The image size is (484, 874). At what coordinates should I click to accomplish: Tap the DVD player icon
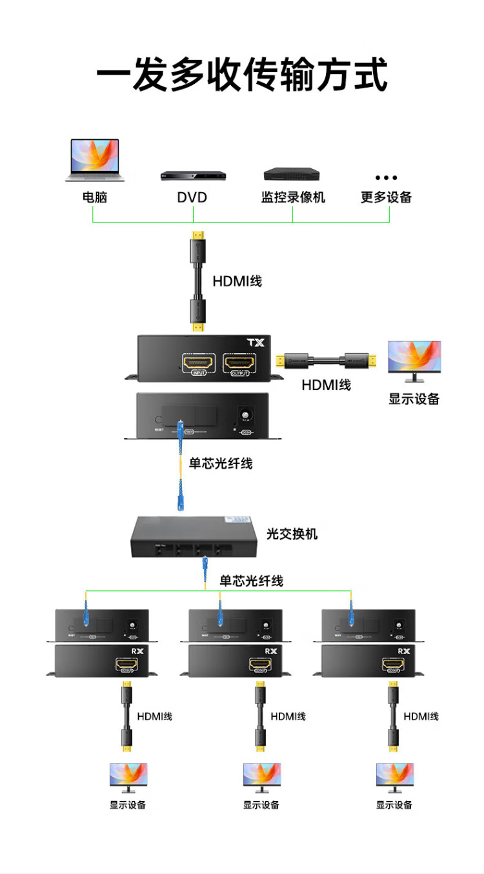tap(194, 175)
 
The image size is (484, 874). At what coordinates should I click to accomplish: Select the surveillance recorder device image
tap(292, 174)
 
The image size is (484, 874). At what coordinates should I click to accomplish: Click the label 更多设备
tap(386, 197)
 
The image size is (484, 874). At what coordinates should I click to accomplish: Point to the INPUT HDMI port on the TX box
tap(199, 365)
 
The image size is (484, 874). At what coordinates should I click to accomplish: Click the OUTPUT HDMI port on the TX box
tap(239, 365)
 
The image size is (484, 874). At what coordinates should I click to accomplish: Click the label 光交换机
tap(292, 534)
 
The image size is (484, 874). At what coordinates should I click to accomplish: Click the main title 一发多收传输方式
tap(242, 75)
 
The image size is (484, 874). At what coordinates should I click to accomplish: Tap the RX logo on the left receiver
tap(137, 652)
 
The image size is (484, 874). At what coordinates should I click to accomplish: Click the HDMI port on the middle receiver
tap(261, 666)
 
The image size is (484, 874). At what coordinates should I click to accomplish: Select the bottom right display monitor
tap(394, 778)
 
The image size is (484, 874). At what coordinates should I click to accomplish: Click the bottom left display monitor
tap(128, 778)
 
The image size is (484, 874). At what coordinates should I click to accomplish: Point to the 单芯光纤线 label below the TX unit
tap(220, 463)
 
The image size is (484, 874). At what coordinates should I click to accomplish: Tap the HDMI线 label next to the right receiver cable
tap(421, 716)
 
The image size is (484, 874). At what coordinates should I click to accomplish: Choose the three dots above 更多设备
tap(386, 177)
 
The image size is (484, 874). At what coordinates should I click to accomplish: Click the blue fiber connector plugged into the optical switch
tap(204, 567)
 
